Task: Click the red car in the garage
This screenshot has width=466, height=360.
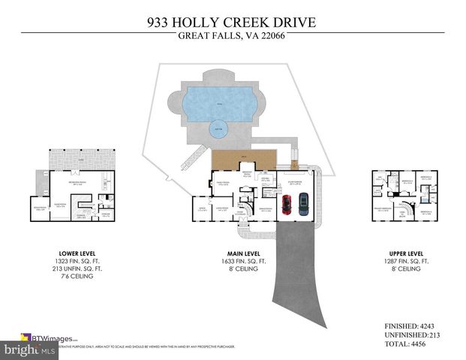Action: pos(286,204)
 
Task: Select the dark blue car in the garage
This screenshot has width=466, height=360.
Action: pos(303,204)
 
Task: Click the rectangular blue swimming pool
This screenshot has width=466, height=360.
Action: pos(218,99)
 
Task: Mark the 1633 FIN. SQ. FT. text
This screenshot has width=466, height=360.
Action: pos(242,262)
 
